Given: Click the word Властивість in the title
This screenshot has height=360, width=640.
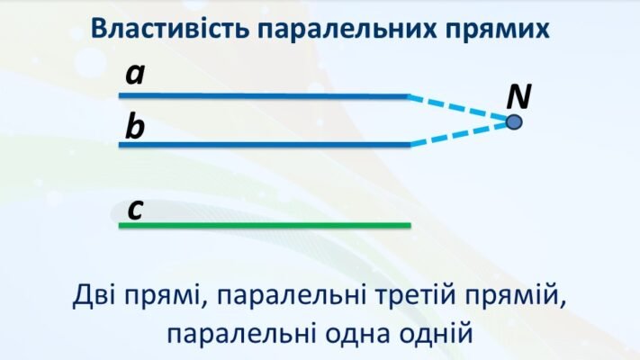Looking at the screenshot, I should pos(171,28).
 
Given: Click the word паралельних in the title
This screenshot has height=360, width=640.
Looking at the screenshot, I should pos(356,28).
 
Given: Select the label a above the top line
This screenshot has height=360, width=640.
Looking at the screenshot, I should pos(135,74).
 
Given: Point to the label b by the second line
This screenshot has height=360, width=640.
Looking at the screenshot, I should pos(135,127).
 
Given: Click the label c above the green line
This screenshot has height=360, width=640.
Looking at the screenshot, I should pos(135,209).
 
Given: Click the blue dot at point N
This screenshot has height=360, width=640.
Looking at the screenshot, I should pos(514,121).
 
